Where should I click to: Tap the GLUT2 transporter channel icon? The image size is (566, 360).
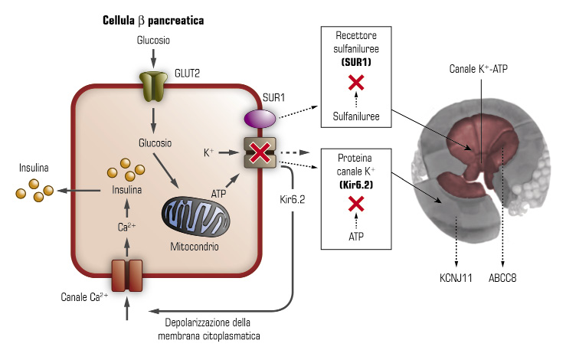tap(153, 87)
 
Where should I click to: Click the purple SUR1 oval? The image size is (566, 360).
tap(260, 119)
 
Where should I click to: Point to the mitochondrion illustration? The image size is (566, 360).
tap(195, 218)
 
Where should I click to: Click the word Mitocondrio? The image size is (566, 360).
tap(195, 247)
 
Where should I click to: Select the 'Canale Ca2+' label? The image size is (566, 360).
tap(83, 296)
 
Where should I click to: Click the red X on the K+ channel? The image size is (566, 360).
tap(260, 152)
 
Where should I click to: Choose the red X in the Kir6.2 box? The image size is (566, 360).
tap(355, 203)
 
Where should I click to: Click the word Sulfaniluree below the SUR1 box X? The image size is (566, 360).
tap(355, 116)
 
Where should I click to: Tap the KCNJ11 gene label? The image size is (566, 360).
tap(457, 277)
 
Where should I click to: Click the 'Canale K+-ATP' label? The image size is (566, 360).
tap(479, 69)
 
